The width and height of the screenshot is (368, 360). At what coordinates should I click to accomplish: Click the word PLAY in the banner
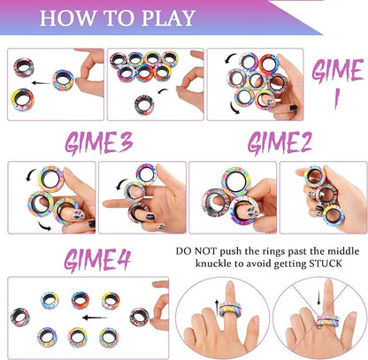tap(169, 18)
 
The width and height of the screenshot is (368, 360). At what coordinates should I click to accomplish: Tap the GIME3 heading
tap(99, 143)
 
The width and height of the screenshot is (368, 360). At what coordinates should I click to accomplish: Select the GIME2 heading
tap(280, 143)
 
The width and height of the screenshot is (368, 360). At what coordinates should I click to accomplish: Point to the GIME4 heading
tap(97, 260)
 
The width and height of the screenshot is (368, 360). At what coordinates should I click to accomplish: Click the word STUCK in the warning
tap(326, 264)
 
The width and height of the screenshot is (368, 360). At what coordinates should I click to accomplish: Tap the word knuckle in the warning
tap(213, 264)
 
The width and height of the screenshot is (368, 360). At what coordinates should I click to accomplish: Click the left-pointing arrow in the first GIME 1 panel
tap(41, 83)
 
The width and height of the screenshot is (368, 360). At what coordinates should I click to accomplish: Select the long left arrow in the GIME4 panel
tap(96, 318)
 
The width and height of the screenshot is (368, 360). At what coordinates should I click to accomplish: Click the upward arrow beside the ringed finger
tap(217, 308)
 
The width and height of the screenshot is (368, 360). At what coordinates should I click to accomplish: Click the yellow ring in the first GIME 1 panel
tap(23, 100)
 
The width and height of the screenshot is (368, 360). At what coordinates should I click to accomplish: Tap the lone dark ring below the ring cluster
tap(144, 104)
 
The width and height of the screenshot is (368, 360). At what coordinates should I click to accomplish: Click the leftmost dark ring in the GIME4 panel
tap(20, 317)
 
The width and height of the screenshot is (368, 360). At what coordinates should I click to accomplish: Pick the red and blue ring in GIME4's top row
tap(80, 301)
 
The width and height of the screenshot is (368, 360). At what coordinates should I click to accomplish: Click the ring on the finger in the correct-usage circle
tap(230, 310)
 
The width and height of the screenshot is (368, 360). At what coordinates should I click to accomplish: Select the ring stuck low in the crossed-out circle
tap(327, 321)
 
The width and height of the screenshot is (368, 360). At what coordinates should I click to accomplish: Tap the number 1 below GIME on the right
tap(336, 98)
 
